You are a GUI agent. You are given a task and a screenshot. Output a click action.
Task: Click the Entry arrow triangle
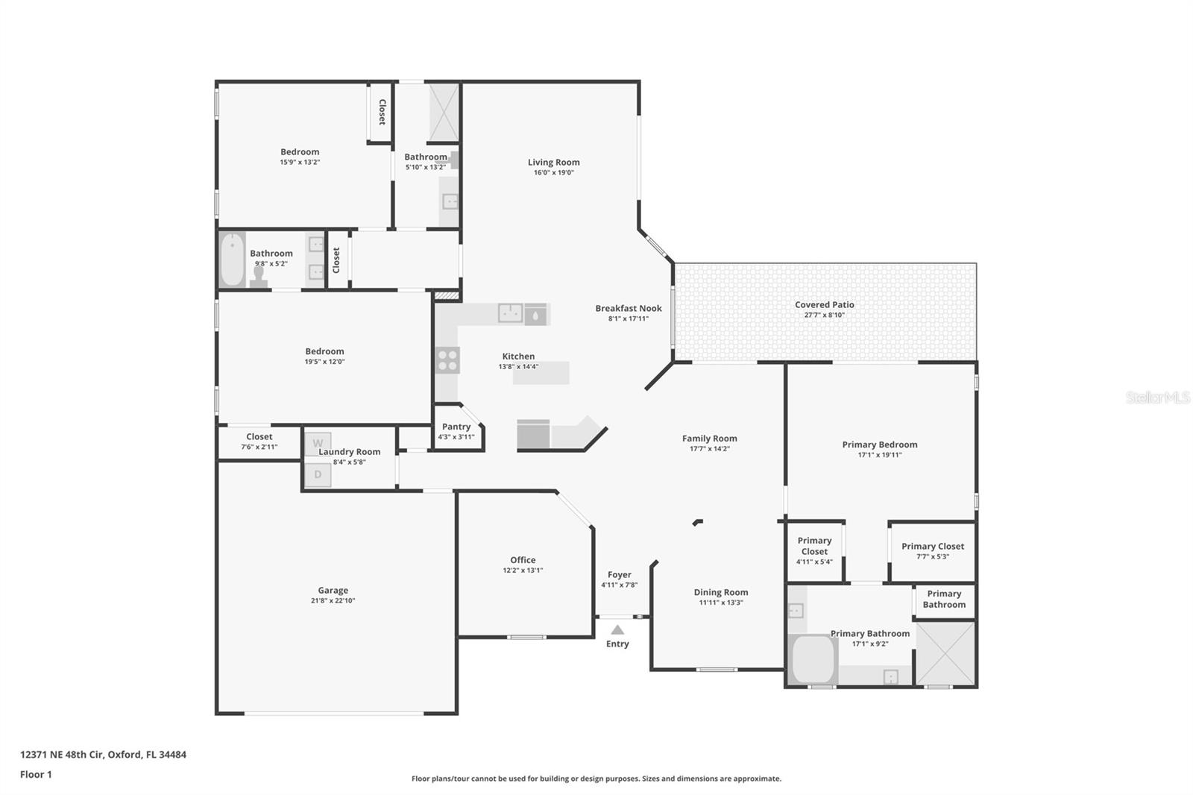coord(617,630)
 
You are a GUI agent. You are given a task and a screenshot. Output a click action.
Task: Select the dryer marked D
coord(318,474)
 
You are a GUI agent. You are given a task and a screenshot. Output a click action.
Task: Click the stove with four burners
coord(447,360)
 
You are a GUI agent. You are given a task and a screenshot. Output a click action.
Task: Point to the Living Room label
coord(553,162)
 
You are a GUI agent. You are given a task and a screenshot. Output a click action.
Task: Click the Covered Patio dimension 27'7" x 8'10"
coord(824,315)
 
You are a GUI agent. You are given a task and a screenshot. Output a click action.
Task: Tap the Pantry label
coord(456,427)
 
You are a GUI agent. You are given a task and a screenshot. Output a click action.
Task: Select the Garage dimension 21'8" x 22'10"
coord(333,600)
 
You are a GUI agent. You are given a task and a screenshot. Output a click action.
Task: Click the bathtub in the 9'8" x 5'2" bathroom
coord(232,260)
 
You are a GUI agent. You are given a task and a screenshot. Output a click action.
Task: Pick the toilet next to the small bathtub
coord(259,276)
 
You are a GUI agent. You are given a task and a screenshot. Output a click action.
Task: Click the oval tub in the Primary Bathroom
coord(813,659)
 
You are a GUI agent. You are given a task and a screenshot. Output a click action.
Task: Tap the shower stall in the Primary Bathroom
coord(945,653)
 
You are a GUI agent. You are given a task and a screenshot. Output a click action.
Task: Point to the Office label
coord(523,559)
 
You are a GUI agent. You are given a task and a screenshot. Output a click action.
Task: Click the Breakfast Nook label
coord(628,308)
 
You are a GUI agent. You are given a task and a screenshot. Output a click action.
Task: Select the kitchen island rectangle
coord(541,373)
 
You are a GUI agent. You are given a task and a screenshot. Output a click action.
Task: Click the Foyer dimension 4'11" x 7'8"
coord(619,585)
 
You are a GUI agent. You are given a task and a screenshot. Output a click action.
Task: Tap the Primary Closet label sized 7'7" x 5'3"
coord(932,546)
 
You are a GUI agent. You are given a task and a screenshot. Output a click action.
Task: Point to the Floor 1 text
coord(36,774)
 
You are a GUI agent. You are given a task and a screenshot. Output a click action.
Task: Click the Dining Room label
coord(720,592)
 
